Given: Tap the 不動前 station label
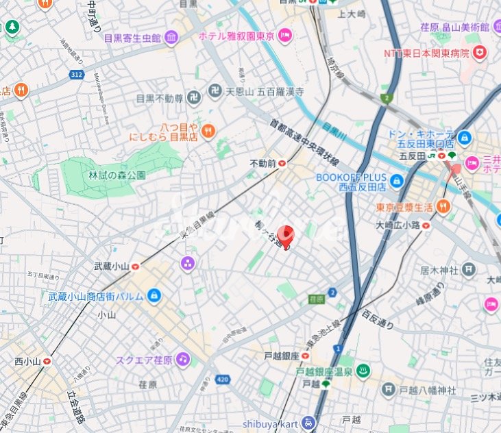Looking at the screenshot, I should [263, 163].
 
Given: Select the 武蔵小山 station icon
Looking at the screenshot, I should [136, 267].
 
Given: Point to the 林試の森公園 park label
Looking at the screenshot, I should [117, 175].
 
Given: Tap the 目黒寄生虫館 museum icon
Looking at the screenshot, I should [171, 37].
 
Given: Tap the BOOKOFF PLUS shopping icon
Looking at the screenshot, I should [396, 181].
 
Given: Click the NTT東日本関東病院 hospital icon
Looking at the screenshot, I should [482, 52].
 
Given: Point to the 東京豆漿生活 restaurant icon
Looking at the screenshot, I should [443, 206].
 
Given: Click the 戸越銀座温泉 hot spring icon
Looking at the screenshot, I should [364, 371].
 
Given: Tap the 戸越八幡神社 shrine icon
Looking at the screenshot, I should [387, 390].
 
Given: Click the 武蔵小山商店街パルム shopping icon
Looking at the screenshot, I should [154, 296].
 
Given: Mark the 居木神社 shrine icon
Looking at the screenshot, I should [468, 270].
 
